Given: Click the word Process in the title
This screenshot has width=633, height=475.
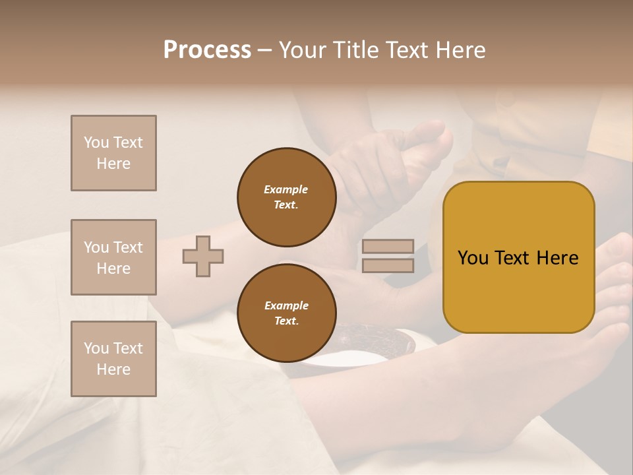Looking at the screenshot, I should click(207, 49).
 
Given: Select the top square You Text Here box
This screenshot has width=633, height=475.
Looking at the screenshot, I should click(113, 153).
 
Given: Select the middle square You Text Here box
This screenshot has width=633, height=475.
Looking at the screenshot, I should click(113, 257).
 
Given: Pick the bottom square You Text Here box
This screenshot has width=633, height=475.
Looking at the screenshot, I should click(113, 358).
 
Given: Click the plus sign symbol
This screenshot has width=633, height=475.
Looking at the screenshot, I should click(202, 256).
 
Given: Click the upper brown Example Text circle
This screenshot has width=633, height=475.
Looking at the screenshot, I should click(286, 197).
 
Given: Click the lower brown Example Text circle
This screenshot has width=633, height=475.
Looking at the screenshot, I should click(286, 313).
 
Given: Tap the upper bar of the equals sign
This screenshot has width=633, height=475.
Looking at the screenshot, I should click(388, 246).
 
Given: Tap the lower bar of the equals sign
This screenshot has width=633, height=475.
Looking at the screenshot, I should click(388, 265).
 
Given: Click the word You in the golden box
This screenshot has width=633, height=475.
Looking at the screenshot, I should click(473, 258).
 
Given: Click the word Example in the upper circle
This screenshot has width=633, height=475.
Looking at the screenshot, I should click(286, 189).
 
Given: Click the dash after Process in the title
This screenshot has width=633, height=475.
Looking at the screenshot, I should click(264, 51).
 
